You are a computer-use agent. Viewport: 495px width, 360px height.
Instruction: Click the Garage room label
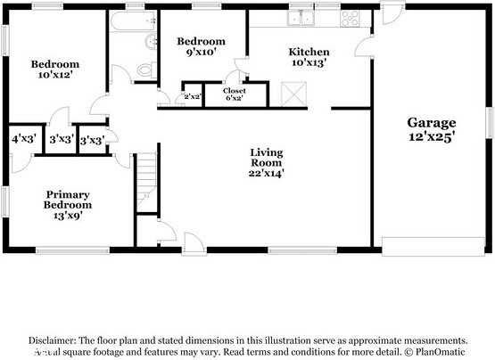coord(432,123)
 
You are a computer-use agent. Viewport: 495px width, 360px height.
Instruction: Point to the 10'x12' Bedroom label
coord(54,70)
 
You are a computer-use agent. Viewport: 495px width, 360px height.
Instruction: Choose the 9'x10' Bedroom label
coord(201,47)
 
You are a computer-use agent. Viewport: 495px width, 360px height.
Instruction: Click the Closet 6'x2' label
coord(235,94)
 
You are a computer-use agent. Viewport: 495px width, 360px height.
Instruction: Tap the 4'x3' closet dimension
coord(22,140)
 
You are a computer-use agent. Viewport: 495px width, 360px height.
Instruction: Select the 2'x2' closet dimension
coord(191,97)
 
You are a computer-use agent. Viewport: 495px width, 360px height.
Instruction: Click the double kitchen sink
coord(301,17)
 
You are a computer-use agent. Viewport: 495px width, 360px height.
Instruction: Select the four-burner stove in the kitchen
coord(351,17)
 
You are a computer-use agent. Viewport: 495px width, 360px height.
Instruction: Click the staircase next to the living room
coord(145,183)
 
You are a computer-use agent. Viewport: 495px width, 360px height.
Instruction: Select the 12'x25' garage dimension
coord(432,137)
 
